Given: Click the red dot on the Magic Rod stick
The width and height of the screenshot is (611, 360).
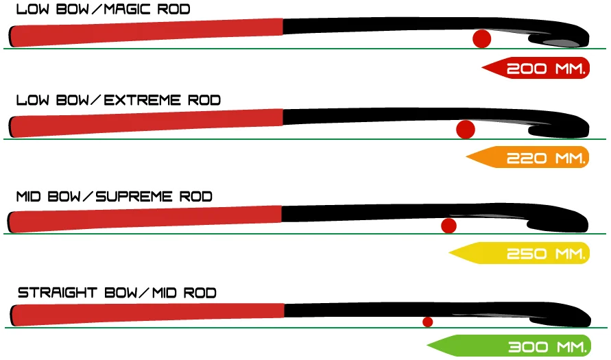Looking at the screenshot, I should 482,38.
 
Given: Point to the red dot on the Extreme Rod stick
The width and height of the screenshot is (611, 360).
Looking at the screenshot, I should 466,129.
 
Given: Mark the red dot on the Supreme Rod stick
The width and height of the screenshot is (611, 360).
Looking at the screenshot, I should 449,226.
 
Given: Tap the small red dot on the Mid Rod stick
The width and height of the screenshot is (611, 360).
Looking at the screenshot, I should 428,322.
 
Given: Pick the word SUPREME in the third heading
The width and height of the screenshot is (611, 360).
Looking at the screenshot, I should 134,197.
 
